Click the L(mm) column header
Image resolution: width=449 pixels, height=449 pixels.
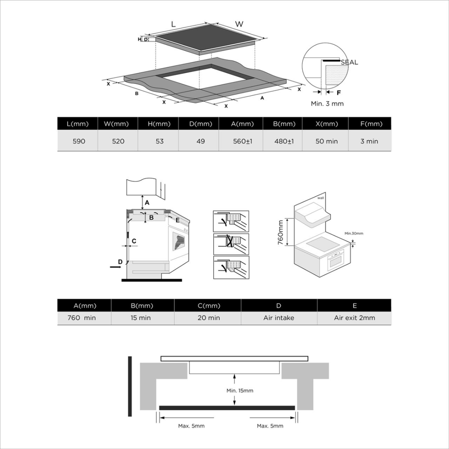tap(77, 124)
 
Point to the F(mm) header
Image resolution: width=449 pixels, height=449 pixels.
tap(370, 124)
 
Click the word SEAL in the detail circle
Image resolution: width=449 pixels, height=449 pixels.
tap(349, 62)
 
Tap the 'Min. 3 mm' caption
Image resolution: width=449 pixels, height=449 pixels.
tap(327, 104)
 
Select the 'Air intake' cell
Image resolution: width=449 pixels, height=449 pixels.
tap(279, 318)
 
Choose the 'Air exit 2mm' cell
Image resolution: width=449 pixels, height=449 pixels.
tap(355, 318)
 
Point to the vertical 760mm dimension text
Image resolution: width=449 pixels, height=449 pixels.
tap(280, 232)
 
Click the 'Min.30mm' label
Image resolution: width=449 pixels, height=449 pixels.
tap(354, 233)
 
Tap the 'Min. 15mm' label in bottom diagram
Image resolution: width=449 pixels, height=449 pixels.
tap(240, 391)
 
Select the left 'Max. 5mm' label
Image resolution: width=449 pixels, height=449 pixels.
tap(191, 426)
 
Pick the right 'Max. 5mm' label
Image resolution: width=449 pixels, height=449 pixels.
tap(270, 426)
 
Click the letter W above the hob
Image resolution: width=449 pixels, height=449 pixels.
tap(239, 24)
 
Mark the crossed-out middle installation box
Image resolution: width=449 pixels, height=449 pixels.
tap(231, 244)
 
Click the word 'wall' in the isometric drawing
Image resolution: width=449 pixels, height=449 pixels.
tap(321, 198)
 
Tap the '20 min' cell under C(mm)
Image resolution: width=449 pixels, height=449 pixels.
tap(209, 318)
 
